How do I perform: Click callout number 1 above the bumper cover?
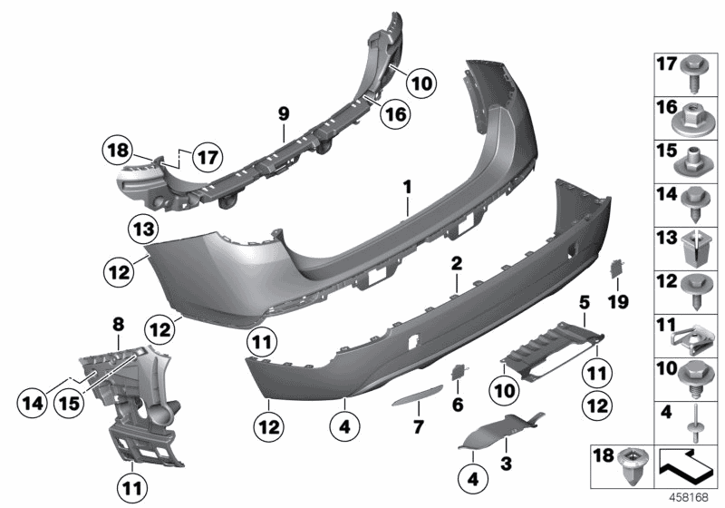click(408, 187)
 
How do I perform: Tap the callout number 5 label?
click(585, 300)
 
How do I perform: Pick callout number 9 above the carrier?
click(283, 112)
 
